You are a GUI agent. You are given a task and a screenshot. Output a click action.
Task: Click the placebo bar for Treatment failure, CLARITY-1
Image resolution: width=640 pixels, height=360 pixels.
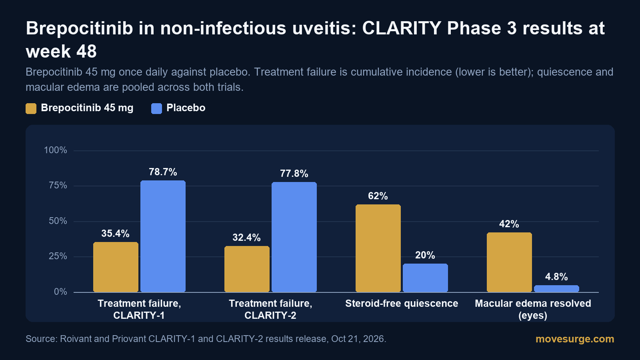tap(163, 236)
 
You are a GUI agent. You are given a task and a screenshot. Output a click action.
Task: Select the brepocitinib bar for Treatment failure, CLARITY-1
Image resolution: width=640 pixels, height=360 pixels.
tap(116, 267)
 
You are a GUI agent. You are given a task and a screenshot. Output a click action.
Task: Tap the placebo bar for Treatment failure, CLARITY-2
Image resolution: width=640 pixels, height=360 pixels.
tap(294, 237)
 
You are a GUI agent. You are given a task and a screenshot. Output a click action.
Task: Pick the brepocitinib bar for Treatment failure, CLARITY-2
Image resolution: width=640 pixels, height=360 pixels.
tap(247, 269)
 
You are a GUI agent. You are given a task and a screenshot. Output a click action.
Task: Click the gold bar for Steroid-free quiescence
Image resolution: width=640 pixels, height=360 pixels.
tap(378, 248)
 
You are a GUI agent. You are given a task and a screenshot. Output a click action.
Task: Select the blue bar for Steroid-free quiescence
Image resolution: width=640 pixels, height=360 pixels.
tap(425, 278)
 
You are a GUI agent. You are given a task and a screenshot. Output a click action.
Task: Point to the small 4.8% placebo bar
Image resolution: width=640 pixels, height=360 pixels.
tap(556, 288)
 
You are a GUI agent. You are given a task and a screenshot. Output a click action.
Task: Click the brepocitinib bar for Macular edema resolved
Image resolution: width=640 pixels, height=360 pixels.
tap(509, 262)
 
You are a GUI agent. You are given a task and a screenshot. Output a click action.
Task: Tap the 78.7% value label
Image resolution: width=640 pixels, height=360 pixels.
tap(163, 172)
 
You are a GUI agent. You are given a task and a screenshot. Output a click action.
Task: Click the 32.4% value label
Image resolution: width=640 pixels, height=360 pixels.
tap(246, 238)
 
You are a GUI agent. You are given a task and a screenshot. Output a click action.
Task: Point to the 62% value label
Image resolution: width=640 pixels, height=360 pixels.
tap(378, 196)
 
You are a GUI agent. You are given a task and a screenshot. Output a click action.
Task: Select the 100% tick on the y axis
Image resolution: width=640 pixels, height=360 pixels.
tap(56, 150)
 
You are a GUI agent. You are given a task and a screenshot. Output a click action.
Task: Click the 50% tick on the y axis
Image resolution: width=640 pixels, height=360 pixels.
tap(58, 221)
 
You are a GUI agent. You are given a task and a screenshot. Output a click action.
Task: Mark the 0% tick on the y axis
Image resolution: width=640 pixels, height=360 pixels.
tap(60, 292)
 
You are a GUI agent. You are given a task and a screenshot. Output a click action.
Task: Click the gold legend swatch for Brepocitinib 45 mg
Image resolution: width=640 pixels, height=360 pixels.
tap(31, 108)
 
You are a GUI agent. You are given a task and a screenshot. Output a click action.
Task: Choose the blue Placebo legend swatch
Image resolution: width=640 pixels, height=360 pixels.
tap(156, 108)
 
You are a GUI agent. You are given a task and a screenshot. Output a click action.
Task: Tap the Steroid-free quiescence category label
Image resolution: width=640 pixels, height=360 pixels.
tap(402, 304)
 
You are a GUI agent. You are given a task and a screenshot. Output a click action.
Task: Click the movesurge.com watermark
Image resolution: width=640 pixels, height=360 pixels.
tap(575, 339)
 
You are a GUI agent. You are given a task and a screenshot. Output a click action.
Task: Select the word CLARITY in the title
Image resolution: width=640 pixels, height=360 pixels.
tap(402, 28)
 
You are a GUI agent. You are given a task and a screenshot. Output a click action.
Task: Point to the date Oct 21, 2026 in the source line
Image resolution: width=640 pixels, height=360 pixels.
tap(358, 339)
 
